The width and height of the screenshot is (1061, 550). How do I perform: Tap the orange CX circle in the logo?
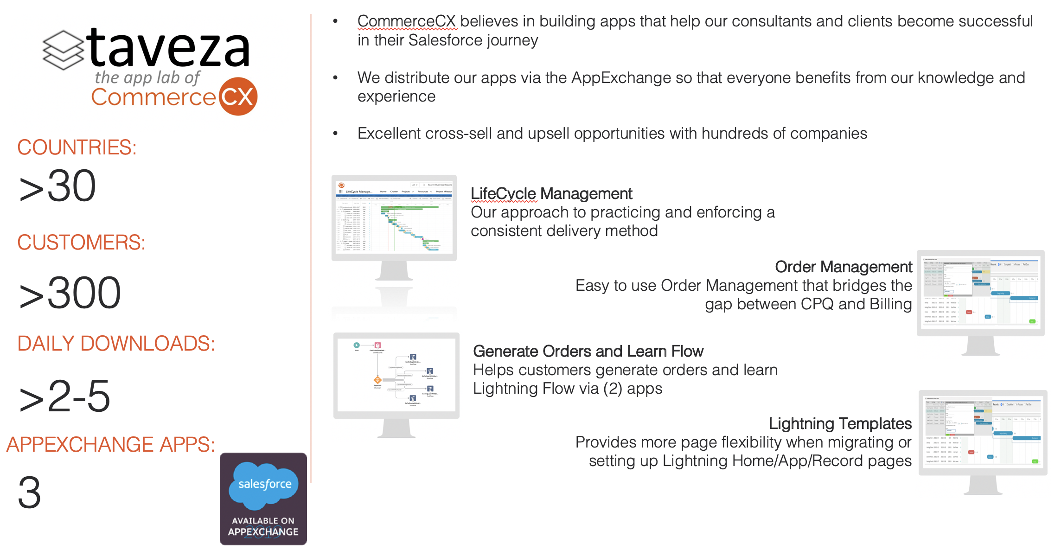pos(238,96)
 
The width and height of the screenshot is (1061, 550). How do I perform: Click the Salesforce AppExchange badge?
pos(263,499)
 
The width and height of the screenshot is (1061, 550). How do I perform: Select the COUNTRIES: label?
pos(77,147)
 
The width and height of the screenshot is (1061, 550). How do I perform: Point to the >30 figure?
pos(58,186)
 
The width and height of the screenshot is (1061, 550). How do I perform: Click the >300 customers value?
pos(70,293)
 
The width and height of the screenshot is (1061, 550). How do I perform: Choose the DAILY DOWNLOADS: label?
pos(116,344)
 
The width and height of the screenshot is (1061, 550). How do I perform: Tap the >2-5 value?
pos(64,397)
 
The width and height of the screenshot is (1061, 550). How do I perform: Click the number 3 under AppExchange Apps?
pos(29,492)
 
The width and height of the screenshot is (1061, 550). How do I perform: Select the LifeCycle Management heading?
pos(551,193)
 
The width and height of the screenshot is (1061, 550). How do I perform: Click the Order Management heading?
pos(843,267)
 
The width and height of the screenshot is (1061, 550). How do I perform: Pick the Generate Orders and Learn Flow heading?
pos(588,351)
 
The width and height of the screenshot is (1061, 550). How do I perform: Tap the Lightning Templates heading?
pos(840,423)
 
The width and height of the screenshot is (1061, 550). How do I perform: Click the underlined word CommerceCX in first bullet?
pos(407,21)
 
